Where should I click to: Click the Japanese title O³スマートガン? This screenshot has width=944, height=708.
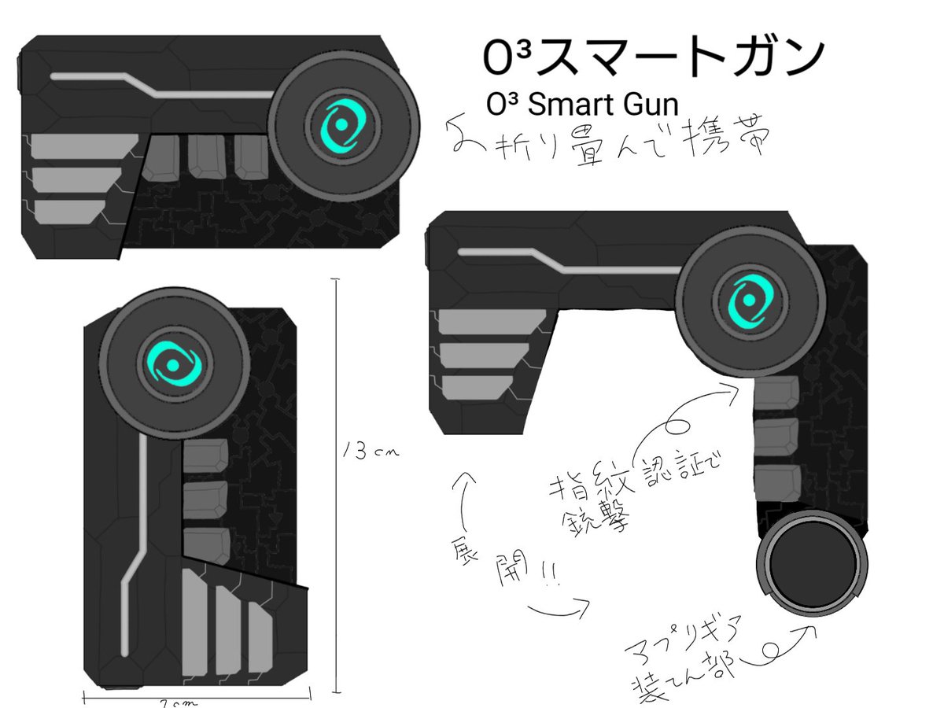pyautogui.click(x=653, y=57)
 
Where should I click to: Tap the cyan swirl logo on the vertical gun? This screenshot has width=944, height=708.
pyautogui.click(x=173, y=363)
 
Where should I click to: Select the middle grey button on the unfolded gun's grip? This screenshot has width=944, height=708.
pyautogui.click(x=776, y=436)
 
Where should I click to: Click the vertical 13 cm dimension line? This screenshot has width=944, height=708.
pyautogui.click(x=337, y=488)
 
